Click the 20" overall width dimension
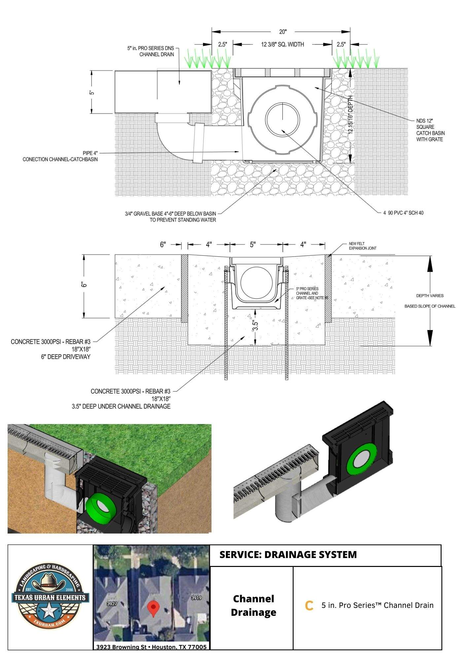pos(283,32)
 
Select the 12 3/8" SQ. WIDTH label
pos(282,44)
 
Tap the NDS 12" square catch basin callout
pos(430,130)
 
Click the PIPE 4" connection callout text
pos(60,156)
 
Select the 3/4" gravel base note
pos(170,217)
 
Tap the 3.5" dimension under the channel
pos(255,325)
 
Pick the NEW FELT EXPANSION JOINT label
pos(362,246)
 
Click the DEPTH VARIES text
pos(430,296)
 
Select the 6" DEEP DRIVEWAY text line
pos(66,357)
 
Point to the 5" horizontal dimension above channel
pos(253,245)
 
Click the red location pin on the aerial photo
pos(152,608)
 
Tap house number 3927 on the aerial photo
pos(112,604)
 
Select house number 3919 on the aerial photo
pos(196,598)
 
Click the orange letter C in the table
pos(309,606)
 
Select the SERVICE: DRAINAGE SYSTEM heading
pos(288,555)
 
